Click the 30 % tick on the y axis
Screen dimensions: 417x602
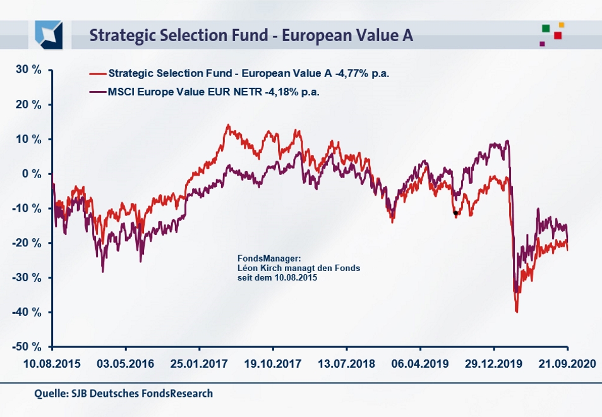pyautogui.click(x=28, y=69)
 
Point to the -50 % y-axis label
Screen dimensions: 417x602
pyautogui.click(x=28, y=347)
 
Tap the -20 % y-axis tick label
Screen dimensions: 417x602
pyautogui.click(x=28, y=243)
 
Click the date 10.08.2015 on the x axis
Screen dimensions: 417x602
pyautogui.click(x=51, y=365)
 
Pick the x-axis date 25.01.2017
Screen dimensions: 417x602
pyautogui.click(x=199, y=365)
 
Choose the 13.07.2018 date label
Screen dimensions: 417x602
pyautogui.click(x=346, y=365)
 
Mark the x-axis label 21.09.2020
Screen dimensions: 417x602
pyautogui.click(x=567, y=365)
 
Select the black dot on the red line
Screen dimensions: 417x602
pyautogui.click(x=455, y=214)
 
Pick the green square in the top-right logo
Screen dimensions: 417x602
pyautogui.click(x=546, y=28)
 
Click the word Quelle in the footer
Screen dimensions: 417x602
pyautogui.click(x=49, y=394)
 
